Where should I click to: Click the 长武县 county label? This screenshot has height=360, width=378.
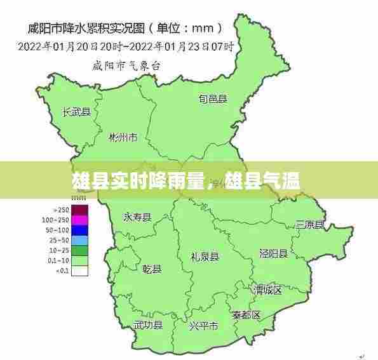click(x=77, y=112)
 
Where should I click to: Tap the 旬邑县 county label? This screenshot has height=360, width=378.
click(x=213, y=98)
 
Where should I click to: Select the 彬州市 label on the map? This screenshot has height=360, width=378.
click(x=123, y=137)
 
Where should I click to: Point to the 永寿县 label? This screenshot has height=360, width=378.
click(x=137, y=217)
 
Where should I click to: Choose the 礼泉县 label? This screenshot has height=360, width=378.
click(x=205, y=257)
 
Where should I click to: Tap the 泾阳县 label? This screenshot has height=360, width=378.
click(x=274, y=253)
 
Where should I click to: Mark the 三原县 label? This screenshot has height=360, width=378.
click(x=310, y=225)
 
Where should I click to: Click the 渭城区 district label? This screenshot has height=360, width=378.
click(x=267, y=290)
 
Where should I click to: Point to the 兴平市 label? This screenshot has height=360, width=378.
click(x=203, y=326)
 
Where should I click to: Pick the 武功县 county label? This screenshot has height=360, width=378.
click(x=148, y=325)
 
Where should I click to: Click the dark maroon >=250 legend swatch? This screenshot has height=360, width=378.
click(x=79, y=210)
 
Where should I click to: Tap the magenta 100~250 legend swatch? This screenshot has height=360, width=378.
click(x=79, y=220)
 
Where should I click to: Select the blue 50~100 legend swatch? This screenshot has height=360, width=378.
click(x=79, y=230)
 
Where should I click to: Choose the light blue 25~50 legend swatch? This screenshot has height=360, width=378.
click(x=79, y=240)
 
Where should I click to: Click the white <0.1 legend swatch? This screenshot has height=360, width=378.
click(x=79, y=270)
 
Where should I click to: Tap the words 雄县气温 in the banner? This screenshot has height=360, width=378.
click(x=262, y=183)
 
